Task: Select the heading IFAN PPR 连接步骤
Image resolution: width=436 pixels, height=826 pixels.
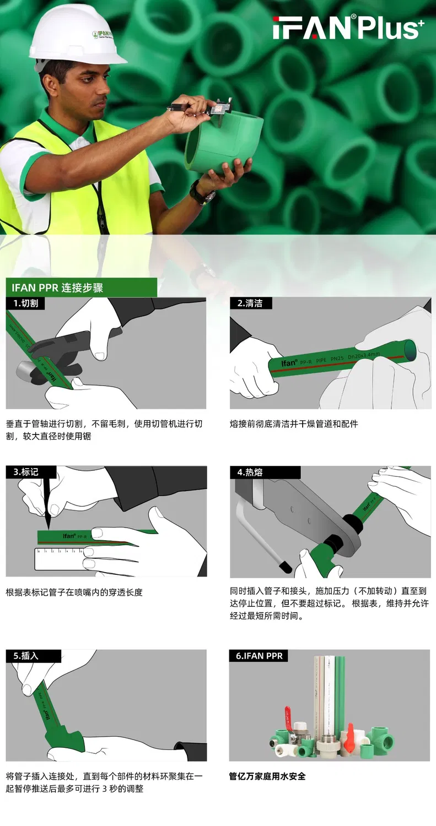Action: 57,287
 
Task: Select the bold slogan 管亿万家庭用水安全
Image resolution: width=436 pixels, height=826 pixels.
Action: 267,776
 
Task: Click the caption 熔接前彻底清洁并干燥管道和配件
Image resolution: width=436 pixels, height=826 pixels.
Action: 293,424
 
